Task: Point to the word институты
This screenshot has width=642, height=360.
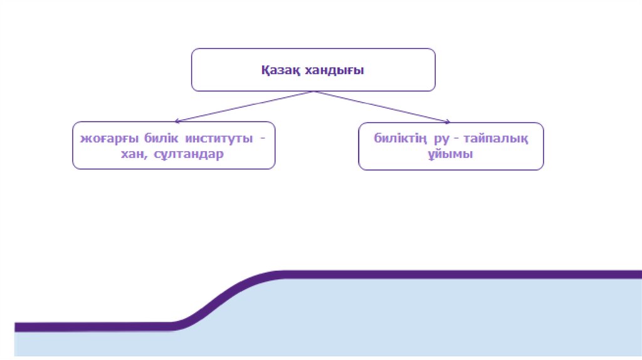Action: [x=211, y=138]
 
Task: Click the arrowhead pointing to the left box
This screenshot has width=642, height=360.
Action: [x=178, y=120]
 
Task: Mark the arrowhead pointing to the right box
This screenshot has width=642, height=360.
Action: [x=448, y=121]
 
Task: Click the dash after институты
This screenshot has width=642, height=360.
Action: [x=263, y=138]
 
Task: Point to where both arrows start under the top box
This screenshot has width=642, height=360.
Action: [x=313, y=92]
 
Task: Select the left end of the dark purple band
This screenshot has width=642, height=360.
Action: [x=19, y=327]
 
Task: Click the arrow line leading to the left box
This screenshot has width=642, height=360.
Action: [x=245, y=106]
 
